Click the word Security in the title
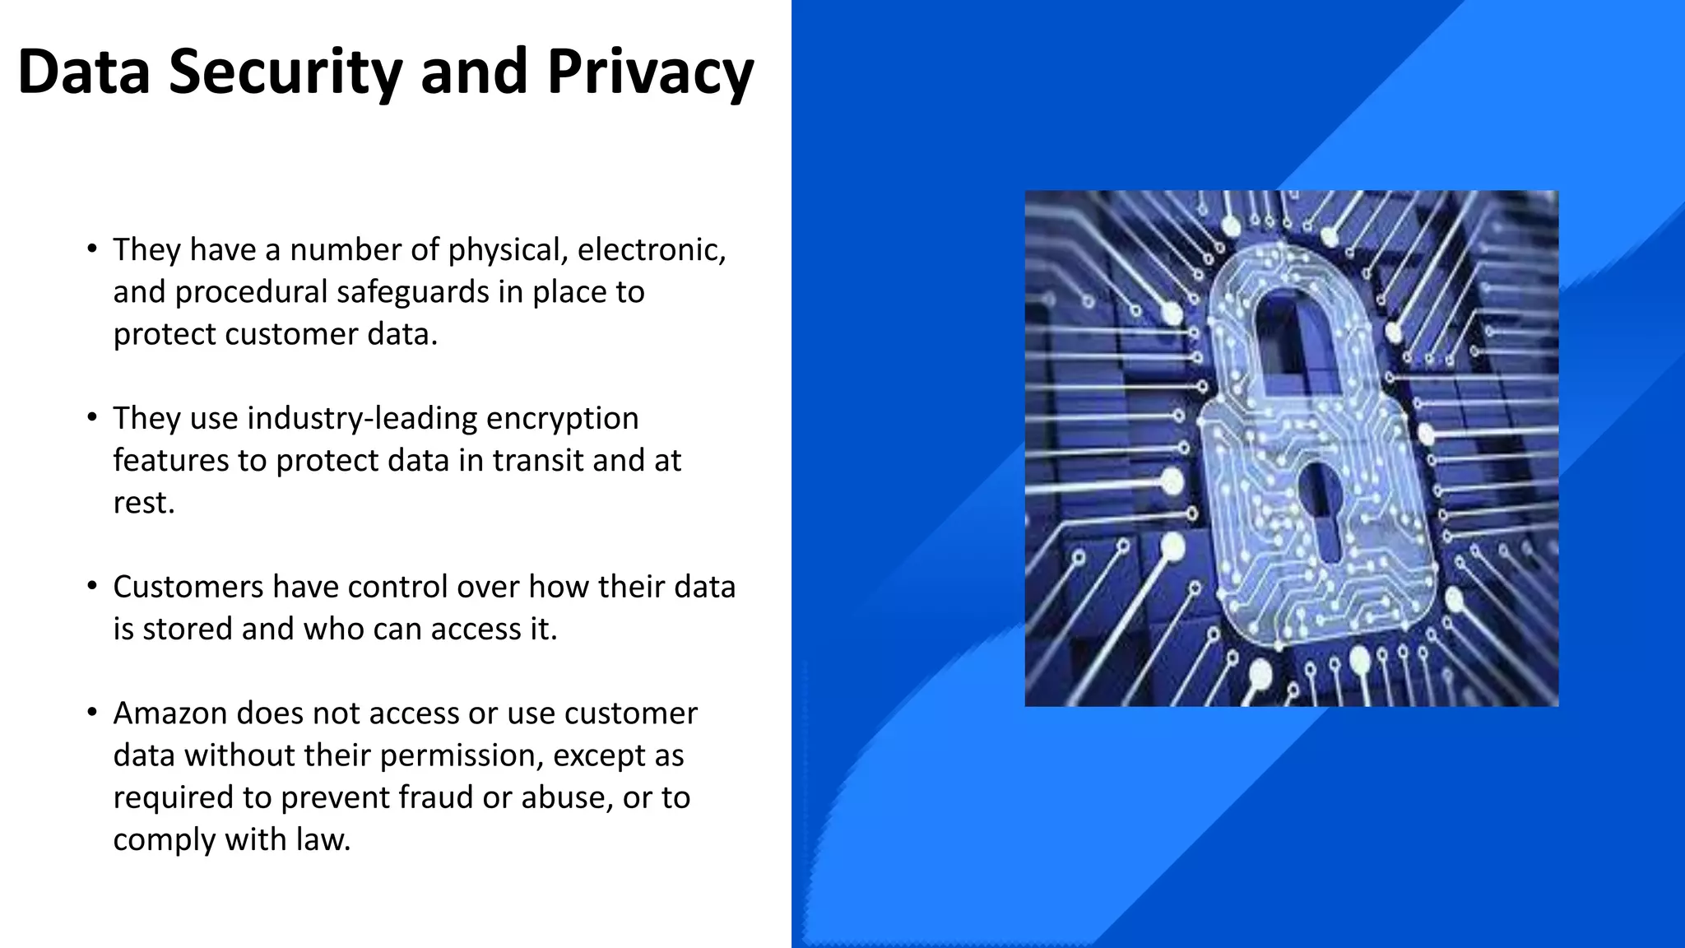click(285, 72)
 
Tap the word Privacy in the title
click(650, 72)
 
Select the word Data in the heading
click(83, 72)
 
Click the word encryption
click(562, 419)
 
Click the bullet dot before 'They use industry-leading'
click(92, 417)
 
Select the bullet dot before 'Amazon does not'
click(92, 712)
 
